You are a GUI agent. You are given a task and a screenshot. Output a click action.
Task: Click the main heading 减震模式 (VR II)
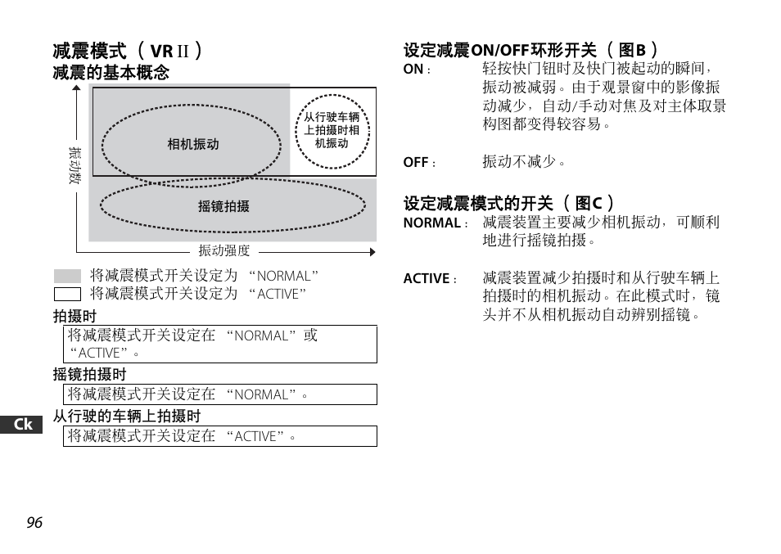pyautogui.click(x=127, y=51)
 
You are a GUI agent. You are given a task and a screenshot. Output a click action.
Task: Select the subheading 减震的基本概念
pyautogui.click(x=111, y=73)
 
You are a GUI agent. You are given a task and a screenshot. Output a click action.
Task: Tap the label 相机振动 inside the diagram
pyautogui.click(x=193, y=145)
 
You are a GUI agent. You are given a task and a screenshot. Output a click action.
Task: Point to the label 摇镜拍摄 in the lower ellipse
pyautogui.click(x=223, y=207)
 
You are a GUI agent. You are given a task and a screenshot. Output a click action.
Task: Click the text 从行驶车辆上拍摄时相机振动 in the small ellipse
pyautogui.click(x=332, y=130)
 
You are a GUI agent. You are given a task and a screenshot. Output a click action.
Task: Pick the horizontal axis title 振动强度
pyautogui.click(x=223, y=251)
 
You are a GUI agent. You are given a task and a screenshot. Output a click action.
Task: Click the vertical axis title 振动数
pyautogui.click(x=74, y=164)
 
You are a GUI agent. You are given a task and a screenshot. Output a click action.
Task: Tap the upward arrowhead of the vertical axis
pyautogui.click(x=76, y=89)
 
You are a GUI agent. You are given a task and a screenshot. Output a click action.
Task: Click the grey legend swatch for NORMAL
pyautogui.click(x=67, y=277)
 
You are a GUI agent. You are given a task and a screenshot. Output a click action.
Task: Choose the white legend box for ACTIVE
pyautogui.click(x=67, y=294)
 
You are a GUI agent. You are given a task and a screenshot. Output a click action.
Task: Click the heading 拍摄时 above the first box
pyautogui.click(x=74, y=317)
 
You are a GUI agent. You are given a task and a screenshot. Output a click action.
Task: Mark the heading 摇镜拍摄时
pyautogui.click(x=90, y=375)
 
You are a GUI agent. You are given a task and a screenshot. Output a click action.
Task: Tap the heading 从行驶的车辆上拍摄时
pyautogui.click(x=127, y=417)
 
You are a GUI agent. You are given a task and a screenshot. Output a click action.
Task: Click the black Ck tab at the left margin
pyautogui.click(x=23, y=424)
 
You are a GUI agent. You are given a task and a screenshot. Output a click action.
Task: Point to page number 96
pyautogui.click(x=34, y=523)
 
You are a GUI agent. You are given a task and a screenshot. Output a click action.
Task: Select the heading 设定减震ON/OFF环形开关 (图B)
pyautogui.click(x=530, y=51)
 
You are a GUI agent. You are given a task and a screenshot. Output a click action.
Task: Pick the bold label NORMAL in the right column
pyautogui.click(x=431, y=223)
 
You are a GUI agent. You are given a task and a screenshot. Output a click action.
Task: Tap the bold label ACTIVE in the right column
pyautogui.click(x=426, y=279)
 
